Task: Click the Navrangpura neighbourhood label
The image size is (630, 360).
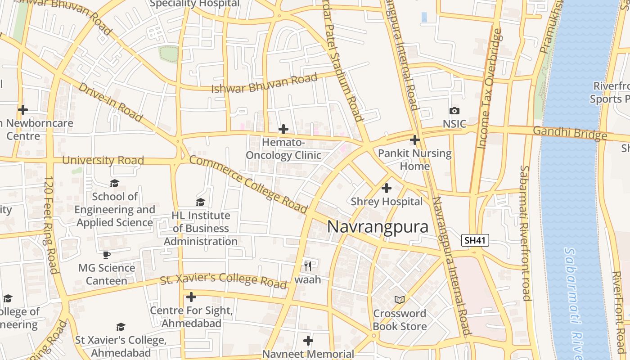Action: click(x=378, y=227)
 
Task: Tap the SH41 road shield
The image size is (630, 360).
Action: click(x=475, y=240)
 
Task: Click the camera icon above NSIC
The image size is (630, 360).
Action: click(x=454, y=111)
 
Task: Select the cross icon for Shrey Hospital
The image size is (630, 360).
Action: click(x=387, y=188)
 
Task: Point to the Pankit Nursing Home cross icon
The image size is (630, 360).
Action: click(x=415, y=140)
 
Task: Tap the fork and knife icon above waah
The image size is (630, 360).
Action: click(x=308, y=266)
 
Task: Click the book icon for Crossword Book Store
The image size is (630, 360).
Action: click(x=400, y=300)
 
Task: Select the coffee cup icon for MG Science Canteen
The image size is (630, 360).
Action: click(x=107, y=255)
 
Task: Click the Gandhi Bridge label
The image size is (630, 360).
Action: click(x=570, y=133)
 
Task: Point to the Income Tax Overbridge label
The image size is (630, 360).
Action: click(x=489, y=89)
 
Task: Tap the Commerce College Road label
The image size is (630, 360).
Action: click(x=248, y=184)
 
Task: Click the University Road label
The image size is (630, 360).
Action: click(x=103, y=160)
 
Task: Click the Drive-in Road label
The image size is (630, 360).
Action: click(x=110, y=102)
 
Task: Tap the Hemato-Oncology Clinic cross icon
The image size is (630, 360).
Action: click(x=283, y=130)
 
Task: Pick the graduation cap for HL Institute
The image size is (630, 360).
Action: click(x=200, y=202)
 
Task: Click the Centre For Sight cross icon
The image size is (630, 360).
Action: click(x=191, y=297)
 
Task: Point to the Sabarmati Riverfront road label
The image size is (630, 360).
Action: click(x=525, y=233)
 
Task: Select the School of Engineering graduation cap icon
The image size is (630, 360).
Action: click(x=114, y=183)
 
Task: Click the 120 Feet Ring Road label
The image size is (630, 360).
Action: click(x=50, y=225)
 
